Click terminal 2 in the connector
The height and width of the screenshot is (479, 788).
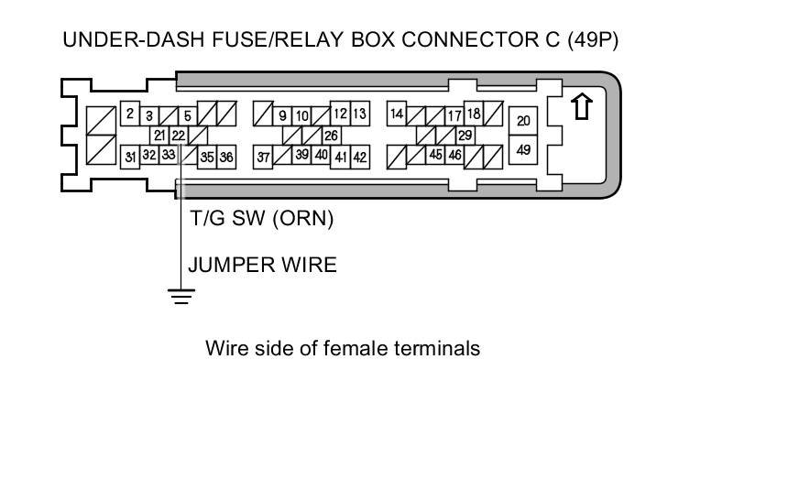[x=130, y=114]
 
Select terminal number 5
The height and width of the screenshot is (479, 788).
[x=187, y=116]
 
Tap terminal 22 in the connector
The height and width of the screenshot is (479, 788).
[x=178, y=136]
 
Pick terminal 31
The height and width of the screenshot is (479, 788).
[x=130, y=157]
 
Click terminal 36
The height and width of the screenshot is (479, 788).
[x=226, y=158]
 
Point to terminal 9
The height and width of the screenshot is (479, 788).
[x=283, y=116]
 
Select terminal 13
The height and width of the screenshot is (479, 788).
[x=359, y=114]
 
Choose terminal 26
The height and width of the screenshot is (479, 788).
[x=331, y=136]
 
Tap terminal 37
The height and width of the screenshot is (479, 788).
[x=263, y=158]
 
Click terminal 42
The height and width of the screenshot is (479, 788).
[x=359, y=158]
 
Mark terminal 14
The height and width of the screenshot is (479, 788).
[x=397, y=114]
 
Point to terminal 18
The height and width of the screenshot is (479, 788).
[x=474, y=114]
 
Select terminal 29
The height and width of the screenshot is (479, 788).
[x=465, y=136]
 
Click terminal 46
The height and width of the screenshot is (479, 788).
[x=454, y=156]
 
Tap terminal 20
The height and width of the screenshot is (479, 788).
[x=523, y=121]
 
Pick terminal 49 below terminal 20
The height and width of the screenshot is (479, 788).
[x=523, y=148]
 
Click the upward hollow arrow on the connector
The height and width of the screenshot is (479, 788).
[x=580, y=106]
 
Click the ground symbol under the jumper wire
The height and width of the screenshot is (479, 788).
[x=181, y=295]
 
